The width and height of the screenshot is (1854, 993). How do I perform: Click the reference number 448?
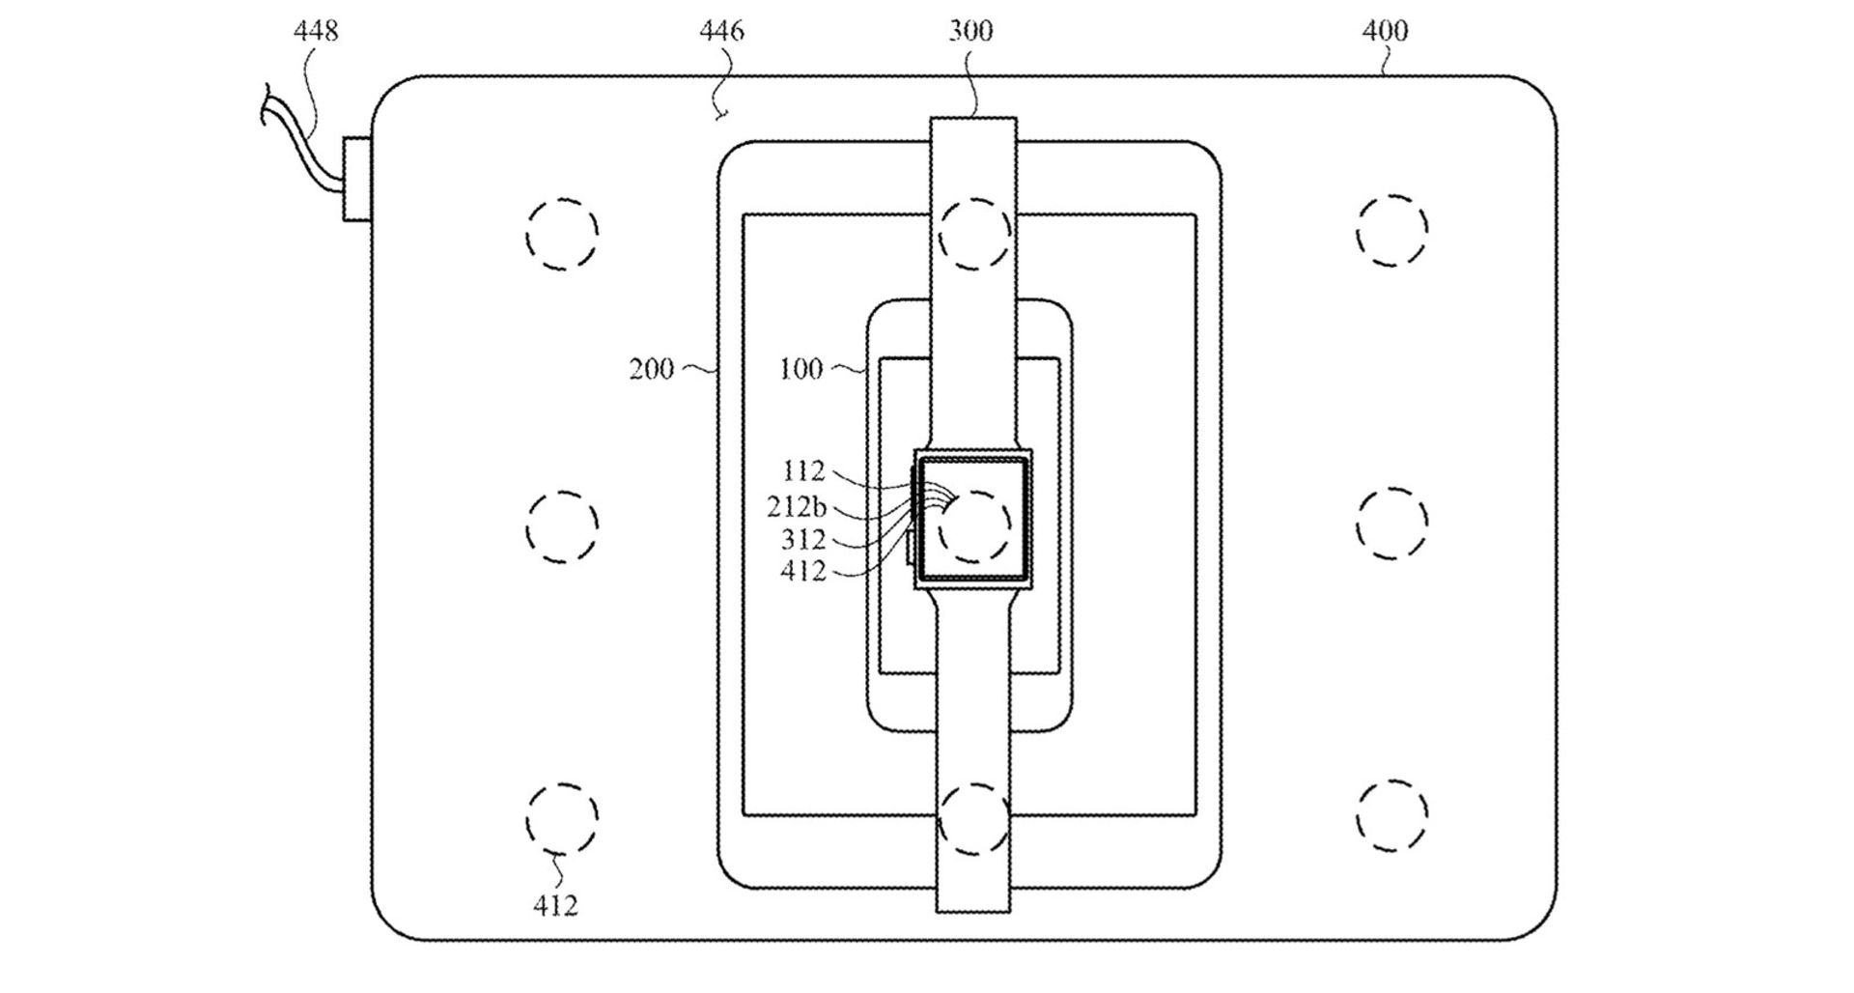tap(316, 32)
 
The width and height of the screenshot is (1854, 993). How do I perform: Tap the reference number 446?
tap(721, 32)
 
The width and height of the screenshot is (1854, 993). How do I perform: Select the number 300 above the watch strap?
tap(970, 32)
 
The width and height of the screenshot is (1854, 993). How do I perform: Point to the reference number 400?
tap(1385, 32)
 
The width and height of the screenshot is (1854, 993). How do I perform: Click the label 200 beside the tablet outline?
tap(652, 369)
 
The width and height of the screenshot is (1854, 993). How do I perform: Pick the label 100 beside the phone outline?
tap(801, 369)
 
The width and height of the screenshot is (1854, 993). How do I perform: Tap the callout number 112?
tap(803, 471)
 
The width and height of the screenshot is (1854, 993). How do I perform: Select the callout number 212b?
tap(797, 507)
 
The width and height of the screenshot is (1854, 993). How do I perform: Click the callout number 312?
tap(803, 539)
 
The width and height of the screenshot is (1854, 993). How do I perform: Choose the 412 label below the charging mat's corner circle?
tap(555, 905)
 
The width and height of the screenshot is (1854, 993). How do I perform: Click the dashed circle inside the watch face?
tap(975, 527)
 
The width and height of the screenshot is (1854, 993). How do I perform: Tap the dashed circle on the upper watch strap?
tap(975, 234)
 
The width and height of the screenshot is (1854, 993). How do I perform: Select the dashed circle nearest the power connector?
tap(562, 234)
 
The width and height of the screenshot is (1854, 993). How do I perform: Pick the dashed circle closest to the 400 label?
tap(1391, 231)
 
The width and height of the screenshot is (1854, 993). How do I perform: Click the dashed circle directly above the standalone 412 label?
tap(562, 819)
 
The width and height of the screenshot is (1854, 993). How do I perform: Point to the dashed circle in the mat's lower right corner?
tap(1391, 814)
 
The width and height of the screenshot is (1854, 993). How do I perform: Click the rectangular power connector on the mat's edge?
tap(356, 179)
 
